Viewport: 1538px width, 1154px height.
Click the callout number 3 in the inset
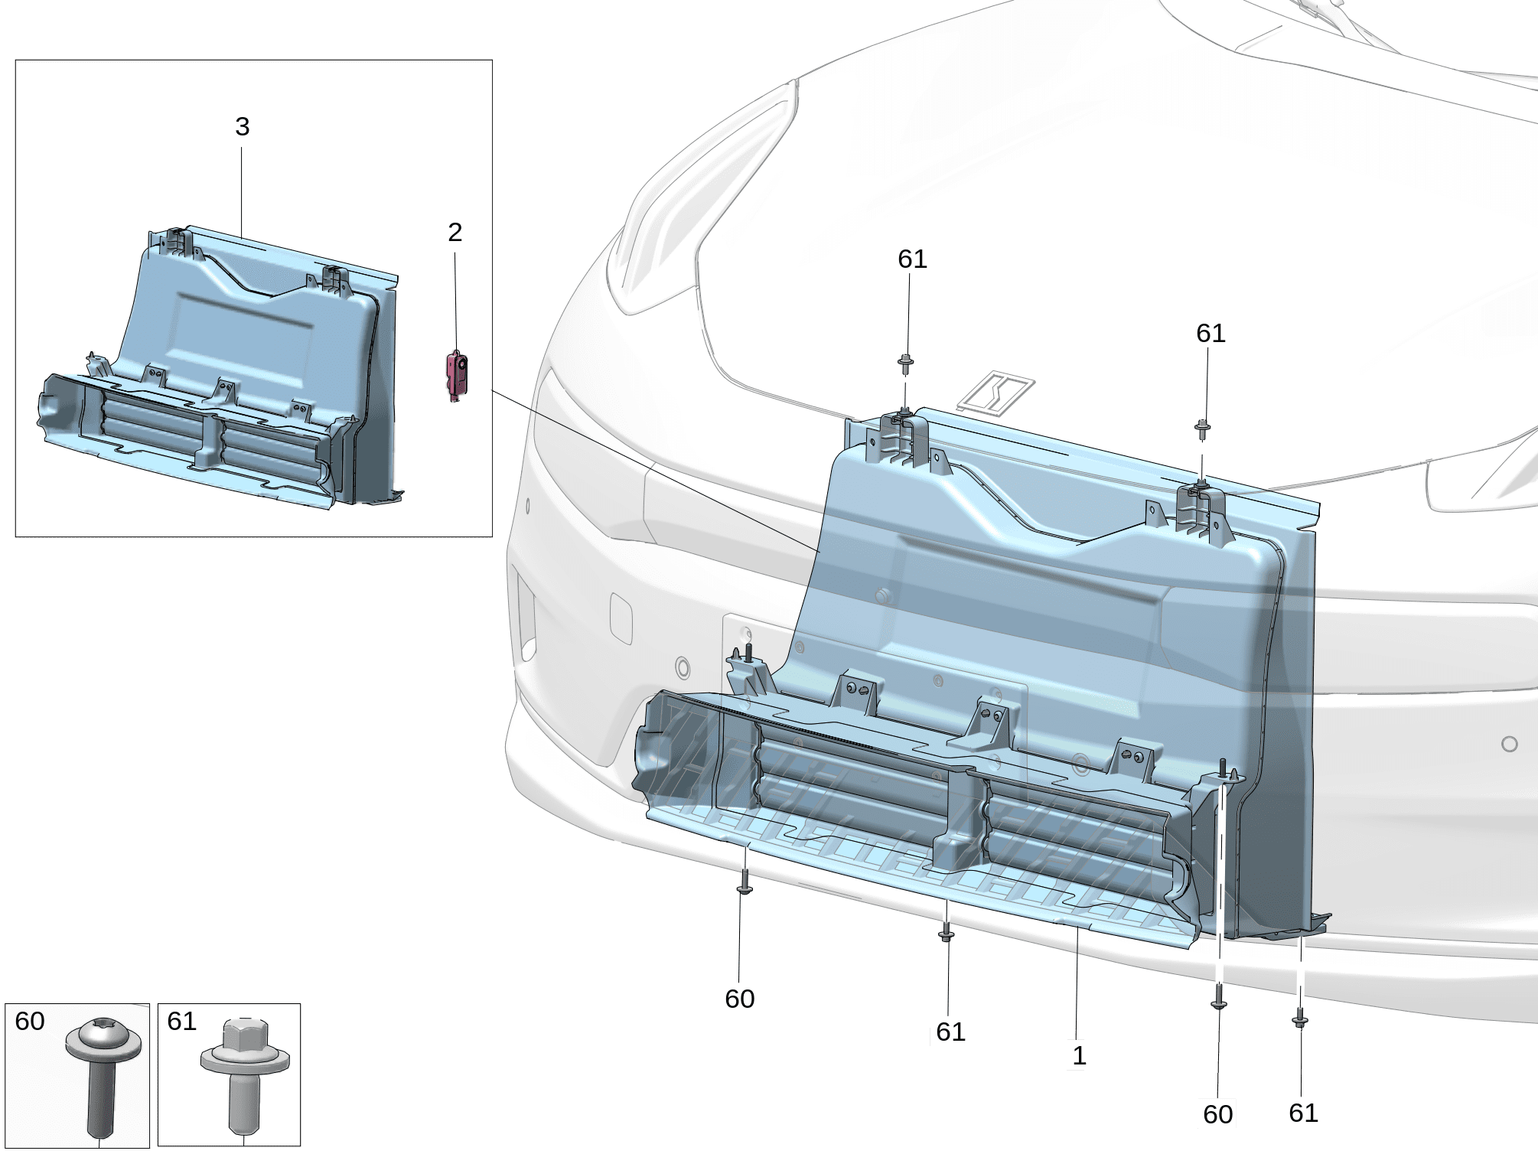(242, 126)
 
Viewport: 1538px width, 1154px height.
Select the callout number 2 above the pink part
(455, 232)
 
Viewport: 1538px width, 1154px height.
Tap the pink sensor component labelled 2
(457, 376)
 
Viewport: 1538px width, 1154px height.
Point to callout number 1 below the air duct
(1079, 1055)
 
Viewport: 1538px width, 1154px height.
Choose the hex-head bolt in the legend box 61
(244, 1076)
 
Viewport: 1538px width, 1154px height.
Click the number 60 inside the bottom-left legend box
(30, 1021)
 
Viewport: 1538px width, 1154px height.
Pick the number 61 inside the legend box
(181, 1021)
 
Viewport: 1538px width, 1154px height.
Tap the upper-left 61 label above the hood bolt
(912, 259)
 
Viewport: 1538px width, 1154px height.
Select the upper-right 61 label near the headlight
(1211, 333)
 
